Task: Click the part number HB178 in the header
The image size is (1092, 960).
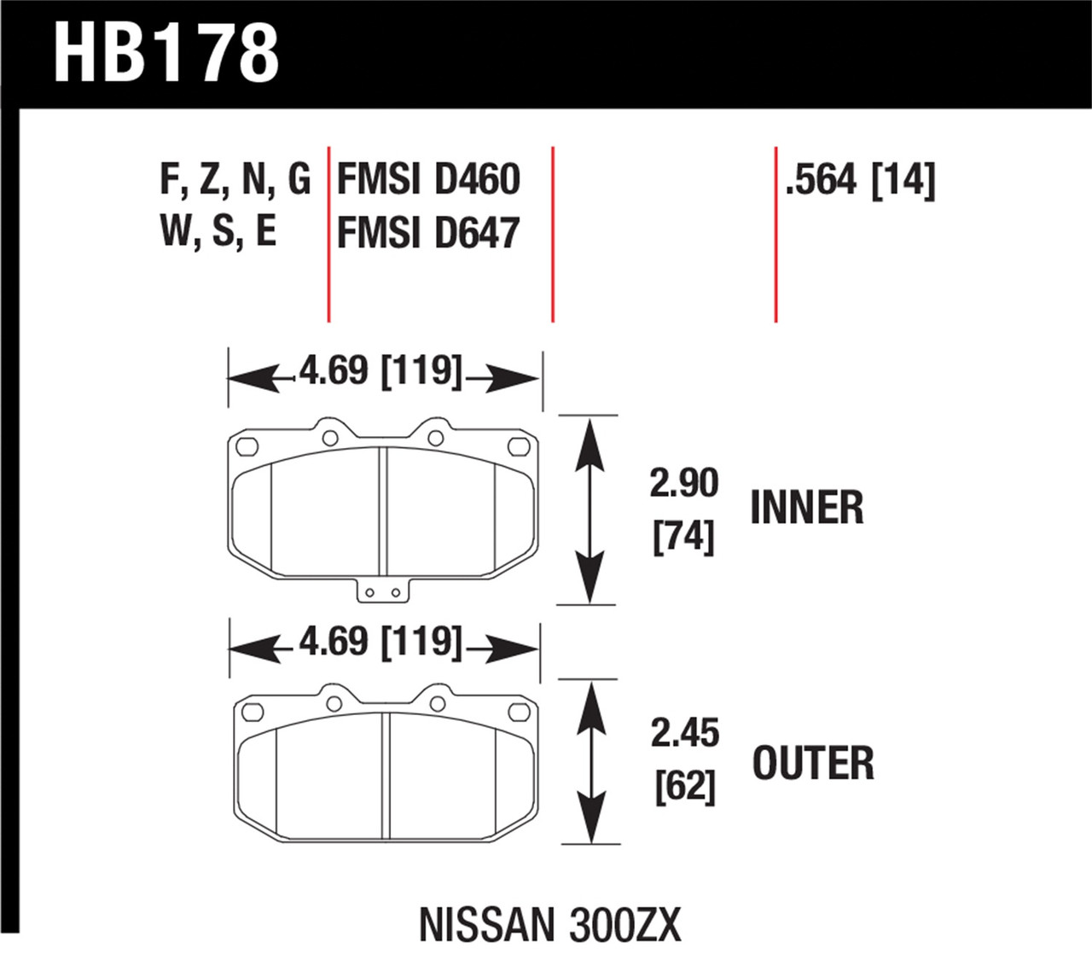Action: click(x=166, y=53)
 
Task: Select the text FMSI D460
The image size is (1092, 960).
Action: click(x=428, y=179)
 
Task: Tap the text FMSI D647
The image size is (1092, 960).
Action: click(x=428, y=233)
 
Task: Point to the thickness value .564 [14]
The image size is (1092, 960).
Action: click(x=860, y=180)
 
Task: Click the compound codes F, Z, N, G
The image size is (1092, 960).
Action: click(x=235, y=179)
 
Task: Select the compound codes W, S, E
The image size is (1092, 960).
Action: click(x=218, y=230)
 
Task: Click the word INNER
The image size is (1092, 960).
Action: click(x=806, y=508)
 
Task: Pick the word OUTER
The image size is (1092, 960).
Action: click(x=812, y=763)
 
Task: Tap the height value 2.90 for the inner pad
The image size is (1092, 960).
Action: click(x=684, y=483)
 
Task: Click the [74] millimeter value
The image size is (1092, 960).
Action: click(x=683, y=537)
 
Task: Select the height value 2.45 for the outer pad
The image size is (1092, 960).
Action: click(x=685, y=733)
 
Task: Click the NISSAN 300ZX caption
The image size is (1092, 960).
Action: click(x=550, y=924)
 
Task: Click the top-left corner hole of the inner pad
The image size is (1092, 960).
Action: click(x=247, y=446)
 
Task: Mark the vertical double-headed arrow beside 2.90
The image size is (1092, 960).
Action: click(x=588, y=509)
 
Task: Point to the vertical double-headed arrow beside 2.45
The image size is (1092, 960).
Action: click(x=589, y=762)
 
